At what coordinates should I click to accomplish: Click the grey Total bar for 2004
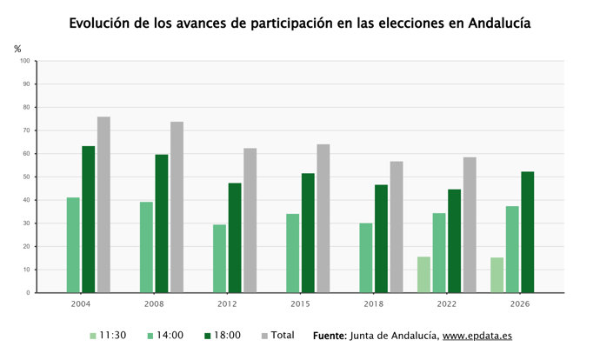103,204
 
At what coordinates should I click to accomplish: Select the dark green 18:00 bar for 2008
162,223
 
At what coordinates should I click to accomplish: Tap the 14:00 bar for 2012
220,258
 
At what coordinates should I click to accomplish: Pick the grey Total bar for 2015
323,218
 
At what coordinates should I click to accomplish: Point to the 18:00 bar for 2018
381,239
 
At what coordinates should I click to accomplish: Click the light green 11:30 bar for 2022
424,275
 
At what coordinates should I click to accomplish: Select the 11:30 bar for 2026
497,275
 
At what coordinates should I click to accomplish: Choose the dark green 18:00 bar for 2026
528,232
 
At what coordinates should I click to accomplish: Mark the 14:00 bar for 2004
73,245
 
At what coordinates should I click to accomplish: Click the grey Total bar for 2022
470,225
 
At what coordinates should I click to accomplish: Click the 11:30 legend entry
108,336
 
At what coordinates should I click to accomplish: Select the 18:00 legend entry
223,336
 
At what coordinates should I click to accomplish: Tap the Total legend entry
277,336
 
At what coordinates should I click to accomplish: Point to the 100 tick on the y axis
25,61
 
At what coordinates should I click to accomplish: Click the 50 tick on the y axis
26,177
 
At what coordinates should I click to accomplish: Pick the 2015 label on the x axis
300,304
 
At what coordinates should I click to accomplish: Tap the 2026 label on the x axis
520,304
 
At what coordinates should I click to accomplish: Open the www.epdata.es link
477,336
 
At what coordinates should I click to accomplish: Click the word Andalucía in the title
499,23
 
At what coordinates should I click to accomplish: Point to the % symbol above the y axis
17,49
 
